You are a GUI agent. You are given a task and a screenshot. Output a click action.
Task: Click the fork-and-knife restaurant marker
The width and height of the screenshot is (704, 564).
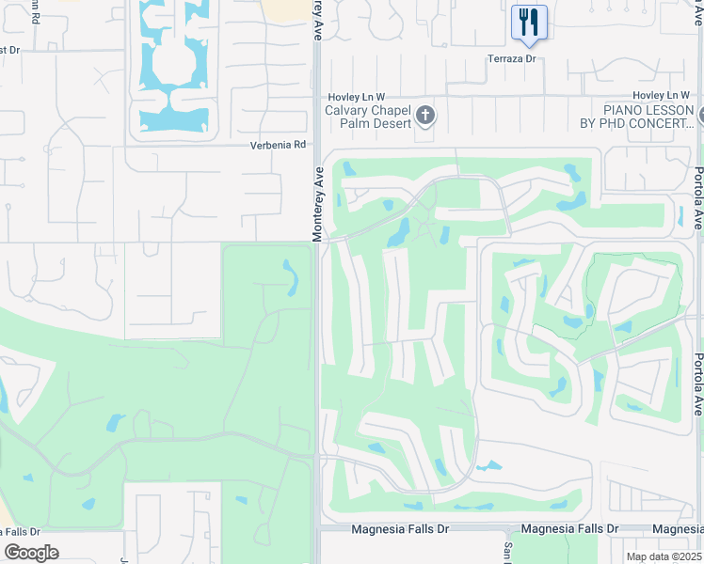tap(529, 22)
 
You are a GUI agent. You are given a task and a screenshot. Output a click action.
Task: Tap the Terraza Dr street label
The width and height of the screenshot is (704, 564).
tap(510, 58)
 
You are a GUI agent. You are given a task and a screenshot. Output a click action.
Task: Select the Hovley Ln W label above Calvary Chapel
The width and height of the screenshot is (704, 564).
tap(357, 97)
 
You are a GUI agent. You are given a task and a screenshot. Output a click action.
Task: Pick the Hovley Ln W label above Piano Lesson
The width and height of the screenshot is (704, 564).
tap(662, 96)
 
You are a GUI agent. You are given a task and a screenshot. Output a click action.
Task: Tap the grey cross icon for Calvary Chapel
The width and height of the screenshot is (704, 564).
tap(425, 116)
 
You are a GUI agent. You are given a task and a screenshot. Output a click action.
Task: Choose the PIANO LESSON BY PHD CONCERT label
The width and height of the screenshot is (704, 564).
tap(635, 117)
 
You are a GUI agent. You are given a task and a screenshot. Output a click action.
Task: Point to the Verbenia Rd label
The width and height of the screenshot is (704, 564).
tap(279, 145)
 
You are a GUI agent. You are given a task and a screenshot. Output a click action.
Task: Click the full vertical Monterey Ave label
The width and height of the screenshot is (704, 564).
tap(318, 205)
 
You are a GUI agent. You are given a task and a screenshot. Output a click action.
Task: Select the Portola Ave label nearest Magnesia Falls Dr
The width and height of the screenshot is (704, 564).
tap(696, 384)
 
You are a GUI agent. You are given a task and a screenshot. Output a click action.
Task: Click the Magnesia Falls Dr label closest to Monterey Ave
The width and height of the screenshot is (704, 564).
tap(400, 529)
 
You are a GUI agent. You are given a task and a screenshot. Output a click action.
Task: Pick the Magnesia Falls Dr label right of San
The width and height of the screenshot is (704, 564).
tap(569, 529)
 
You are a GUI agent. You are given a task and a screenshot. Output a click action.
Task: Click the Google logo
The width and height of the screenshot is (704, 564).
tap(31, 553)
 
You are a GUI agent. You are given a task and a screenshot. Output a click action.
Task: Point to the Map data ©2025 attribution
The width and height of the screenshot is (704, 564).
tap(663, 556)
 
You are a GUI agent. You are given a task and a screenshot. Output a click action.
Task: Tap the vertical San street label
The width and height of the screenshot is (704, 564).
tap(506, 553)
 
